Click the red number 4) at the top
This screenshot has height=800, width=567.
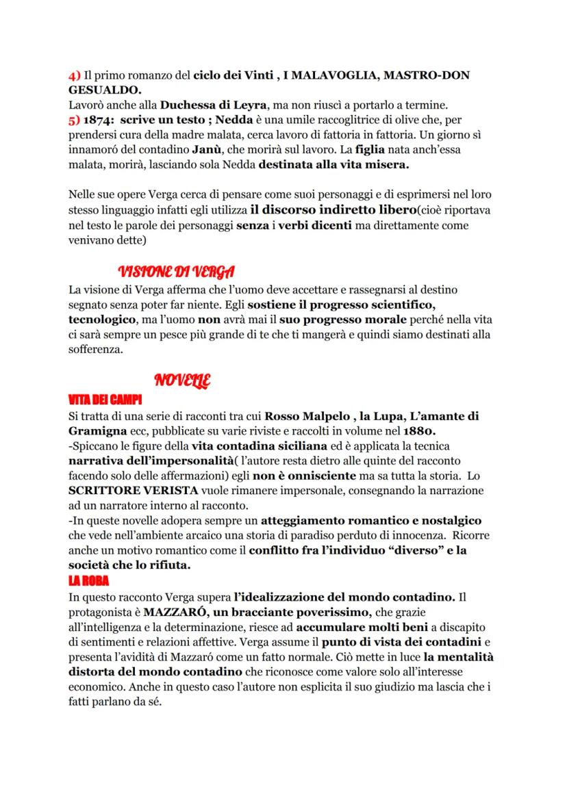pos(75,75)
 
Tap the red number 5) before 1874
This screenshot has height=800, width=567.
pos(75,119)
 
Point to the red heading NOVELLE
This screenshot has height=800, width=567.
pos(183,380)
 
